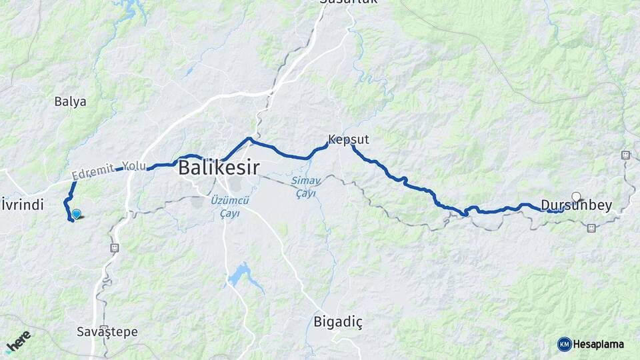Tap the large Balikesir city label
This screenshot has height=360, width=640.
pyautogui.click(x=218, y=168)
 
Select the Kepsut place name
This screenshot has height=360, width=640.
pyautogui.click(x=348, y=140)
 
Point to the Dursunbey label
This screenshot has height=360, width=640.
pyautogui.click(x=576, y=206)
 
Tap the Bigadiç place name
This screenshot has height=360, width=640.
pyautogui.click(x=338, y=323)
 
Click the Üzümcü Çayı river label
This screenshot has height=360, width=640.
pyautogui.click(x=229, y=207)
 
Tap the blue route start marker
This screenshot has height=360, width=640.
pyautogui.click(x=77, y=214)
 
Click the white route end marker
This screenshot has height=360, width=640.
pyautogui.click(x=576, y=197)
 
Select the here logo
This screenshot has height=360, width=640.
pyautogui.click(x=18, y=341)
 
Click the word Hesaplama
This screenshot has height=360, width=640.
pyautogui.click(x=598, y=344)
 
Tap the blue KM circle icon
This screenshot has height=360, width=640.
pyautogui.click(x=564, y=344)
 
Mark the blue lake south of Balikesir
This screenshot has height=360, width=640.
pyautogui.click(x=241, y=275)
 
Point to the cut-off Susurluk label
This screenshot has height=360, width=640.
pyautogui.click(x=348, y=3)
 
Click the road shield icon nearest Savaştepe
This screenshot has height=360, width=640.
pyautogui.click(x=114, y=247)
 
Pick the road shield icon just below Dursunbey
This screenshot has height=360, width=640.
pyautogui.click(x=591, y=228)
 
